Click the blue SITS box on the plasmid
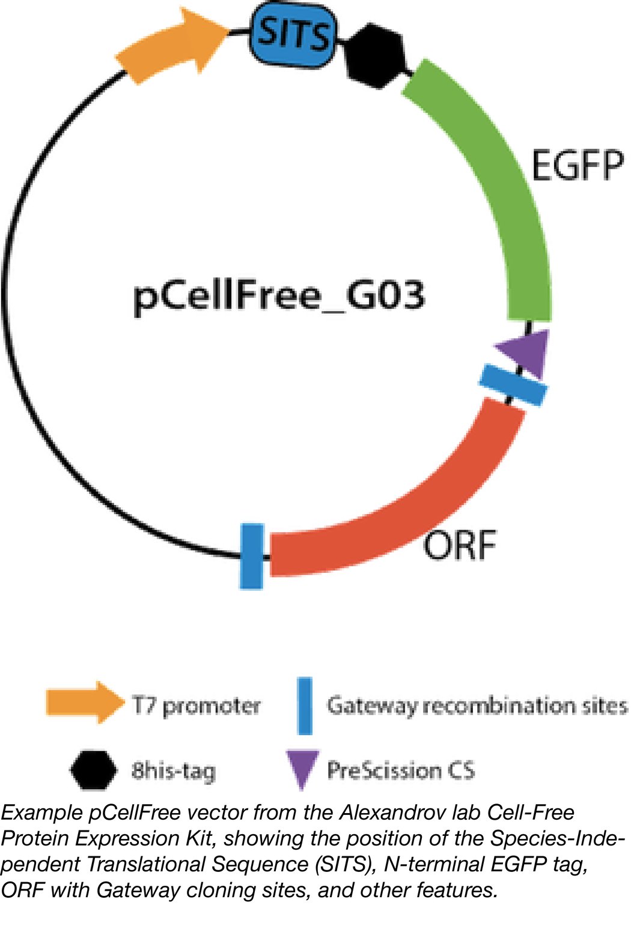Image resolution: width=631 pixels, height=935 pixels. point(293,34)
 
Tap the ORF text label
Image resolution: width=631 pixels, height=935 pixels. point(460,545)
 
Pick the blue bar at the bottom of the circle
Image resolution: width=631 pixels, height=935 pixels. point(252,556)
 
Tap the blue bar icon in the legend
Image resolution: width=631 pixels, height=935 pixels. point(305,706)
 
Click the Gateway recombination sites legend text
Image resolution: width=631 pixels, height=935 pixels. point(477,706)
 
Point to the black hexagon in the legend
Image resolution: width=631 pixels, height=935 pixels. point(94,770)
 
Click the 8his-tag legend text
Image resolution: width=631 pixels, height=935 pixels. point(173,770)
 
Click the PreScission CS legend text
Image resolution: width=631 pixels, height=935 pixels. point(401,770)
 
